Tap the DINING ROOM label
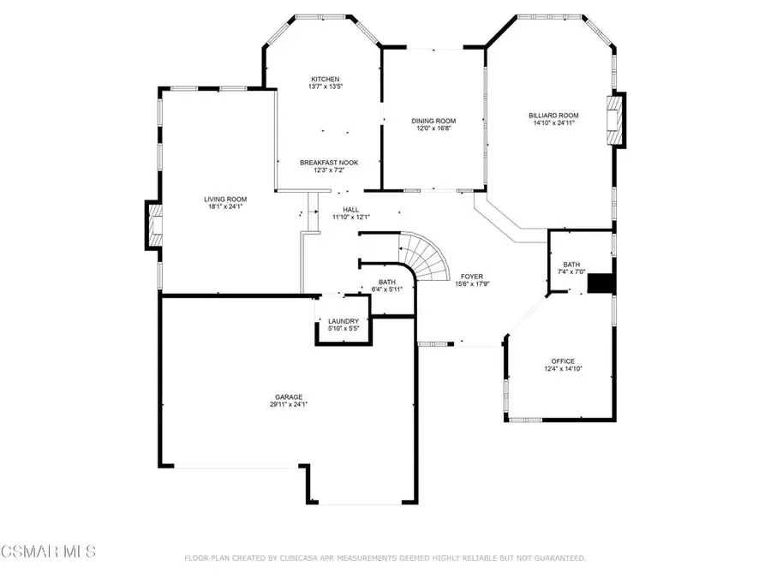coord(433,121)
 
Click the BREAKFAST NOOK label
coord(329,162)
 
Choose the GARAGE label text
coord(288,396)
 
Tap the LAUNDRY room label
coord(344,321)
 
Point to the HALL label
coord(352,208)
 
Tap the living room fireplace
coord(154,225)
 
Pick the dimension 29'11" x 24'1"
coord(288,404)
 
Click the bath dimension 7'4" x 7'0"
coord(571,272)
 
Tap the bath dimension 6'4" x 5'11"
coord(387,289)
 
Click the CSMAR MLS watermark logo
coord(49,549)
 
